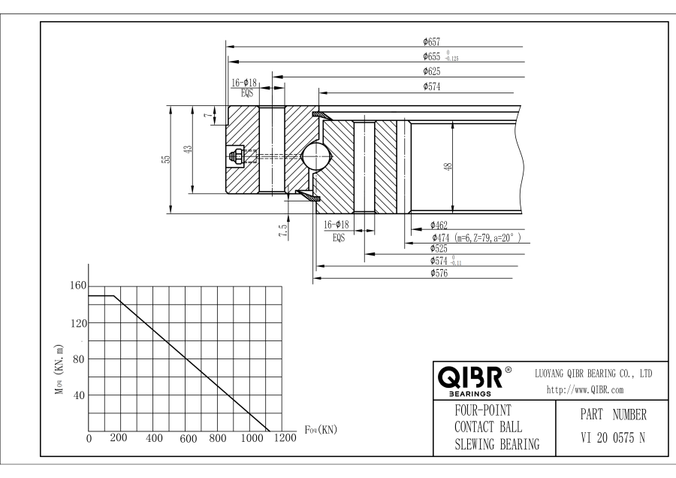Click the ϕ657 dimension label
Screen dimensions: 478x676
pyautogui.click(x=431, y=41)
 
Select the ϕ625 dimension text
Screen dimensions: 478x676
pyautogui.click(x=431, y=71)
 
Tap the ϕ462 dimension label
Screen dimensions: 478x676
pyautogui.click(x=439, y=225)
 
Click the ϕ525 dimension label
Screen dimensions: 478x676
pyautogui.click(x=439, y=249)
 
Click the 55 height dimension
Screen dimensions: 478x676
pyautogui.click(x=167, y=159)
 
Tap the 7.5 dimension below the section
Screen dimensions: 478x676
pyautogui.click(x=282, y=230)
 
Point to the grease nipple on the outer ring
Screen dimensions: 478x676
pyautogui.click(x=234, y=156)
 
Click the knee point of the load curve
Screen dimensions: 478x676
pyautogui.click(x=114, y=296)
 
